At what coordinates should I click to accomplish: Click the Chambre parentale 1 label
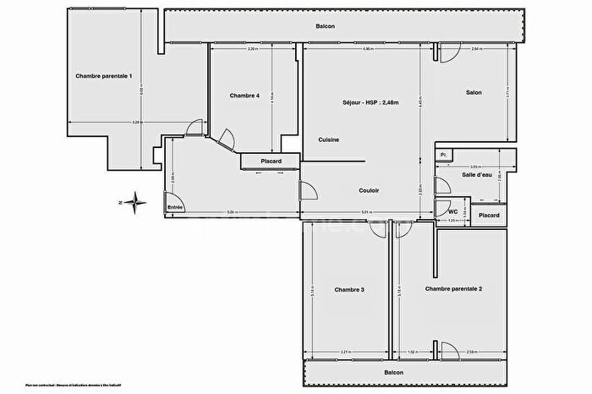click(103, 76)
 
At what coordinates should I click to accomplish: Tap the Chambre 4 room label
click(244, 95)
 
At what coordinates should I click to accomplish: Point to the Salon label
click(474, 92)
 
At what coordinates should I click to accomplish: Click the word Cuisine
click(329, 140)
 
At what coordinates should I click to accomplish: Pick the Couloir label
click(368, 190)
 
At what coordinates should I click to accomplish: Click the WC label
click(452, 211)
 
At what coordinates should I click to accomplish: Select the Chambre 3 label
click(348, 290)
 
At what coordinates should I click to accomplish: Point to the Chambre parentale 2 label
click(453, 289)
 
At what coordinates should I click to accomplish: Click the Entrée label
click(175, 207)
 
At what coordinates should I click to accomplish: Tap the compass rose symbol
click(137, 201)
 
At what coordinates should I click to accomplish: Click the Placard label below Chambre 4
click(271, 161)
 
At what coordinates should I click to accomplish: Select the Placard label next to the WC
click(489, 216)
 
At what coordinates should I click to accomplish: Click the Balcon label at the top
click(326, 26)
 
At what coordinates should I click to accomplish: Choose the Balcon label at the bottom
click(392, 373)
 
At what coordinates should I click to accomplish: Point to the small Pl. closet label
click(443, 154)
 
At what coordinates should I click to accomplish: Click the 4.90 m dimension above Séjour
click(367, 49)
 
